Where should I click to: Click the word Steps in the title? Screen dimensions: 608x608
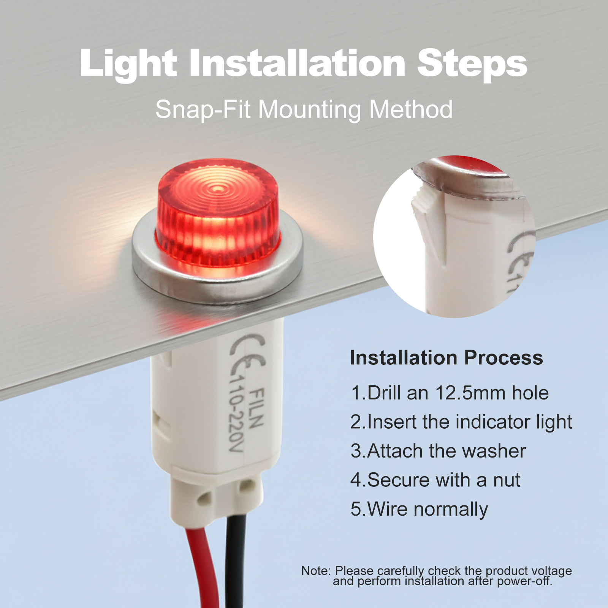(x=472, y=64)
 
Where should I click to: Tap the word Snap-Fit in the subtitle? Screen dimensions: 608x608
(x=202, y=110)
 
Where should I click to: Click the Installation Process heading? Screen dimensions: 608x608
(x=446, y=358)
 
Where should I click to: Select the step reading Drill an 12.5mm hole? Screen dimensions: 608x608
(x=450, y=393)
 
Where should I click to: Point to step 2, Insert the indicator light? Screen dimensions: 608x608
(x=461, y=422)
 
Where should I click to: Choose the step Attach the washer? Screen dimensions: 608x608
(x=438, y=451)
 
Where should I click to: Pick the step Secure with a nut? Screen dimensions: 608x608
(x=435, y=480)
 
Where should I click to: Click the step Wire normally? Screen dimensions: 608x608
(x=419, y=509)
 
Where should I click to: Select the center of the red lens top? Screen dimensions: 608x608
(x=217, y=188)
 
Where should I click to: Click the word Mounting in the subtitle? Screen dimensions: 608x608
(x=311, y=110)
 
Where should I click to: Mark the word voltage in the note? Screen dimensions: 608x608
(x=551, y=571)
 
